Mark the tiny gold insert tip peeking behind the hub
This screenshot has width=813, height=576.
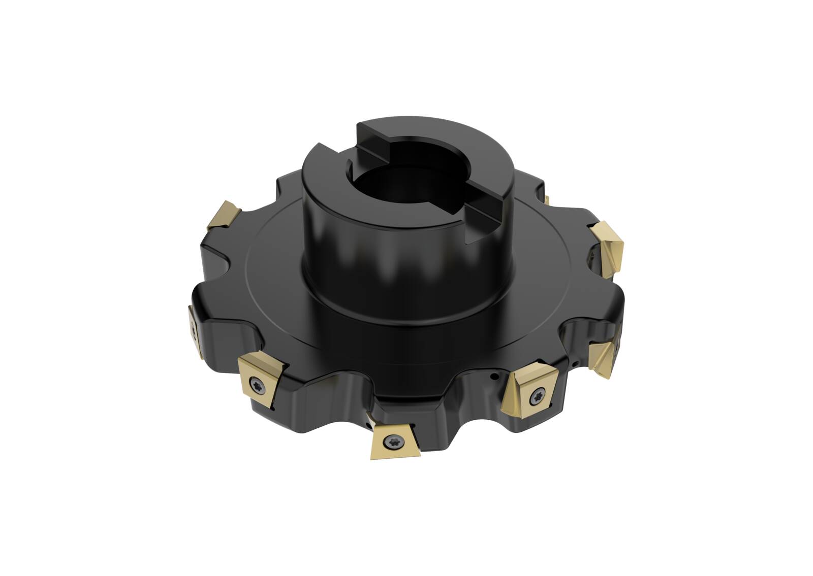[547, 199]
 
